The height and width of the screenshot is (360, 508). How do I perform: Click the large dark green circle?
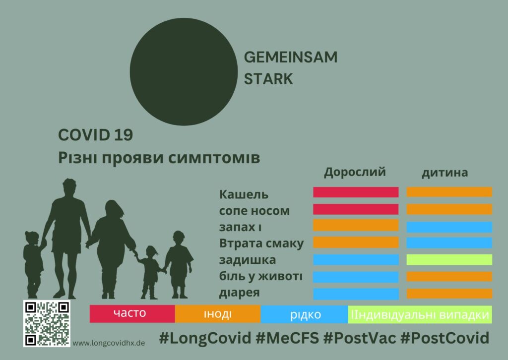184,71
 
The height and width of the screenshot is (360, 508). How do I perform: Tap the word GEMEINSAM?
291,58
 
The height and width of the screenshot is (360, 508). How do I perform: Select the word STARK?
268,79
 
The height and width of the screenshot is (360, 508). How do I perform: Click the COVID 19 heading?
96,135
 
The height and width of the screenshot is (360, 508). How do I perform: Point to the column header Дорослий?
355,172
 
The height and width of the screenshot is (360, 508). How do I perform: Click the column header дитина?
445,173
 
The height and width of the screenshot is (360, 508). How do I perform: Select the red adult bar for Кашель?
356,192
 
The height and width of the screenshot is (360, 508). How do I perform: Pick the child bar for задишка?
449,260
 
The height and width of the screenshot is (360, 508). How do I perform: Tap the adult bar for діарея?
356,294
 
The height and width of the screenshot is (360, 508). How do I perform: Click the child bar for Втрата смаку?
449,243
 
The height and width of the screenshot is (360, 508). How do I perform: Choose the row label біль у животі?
261,277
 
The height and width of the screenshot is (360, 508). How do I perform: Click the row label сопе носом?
254,211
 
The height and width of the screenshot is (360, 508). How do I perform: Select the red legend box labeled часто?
132,314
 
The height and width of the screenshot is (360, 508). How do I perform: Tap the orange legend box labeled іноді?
218,314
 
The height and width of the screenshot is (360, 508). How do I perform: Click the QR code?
47,323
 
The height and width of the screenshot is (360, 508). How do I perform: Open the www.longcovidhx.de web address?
109,343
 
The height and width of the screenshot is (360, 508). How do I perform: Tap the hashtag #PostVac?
360,338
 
